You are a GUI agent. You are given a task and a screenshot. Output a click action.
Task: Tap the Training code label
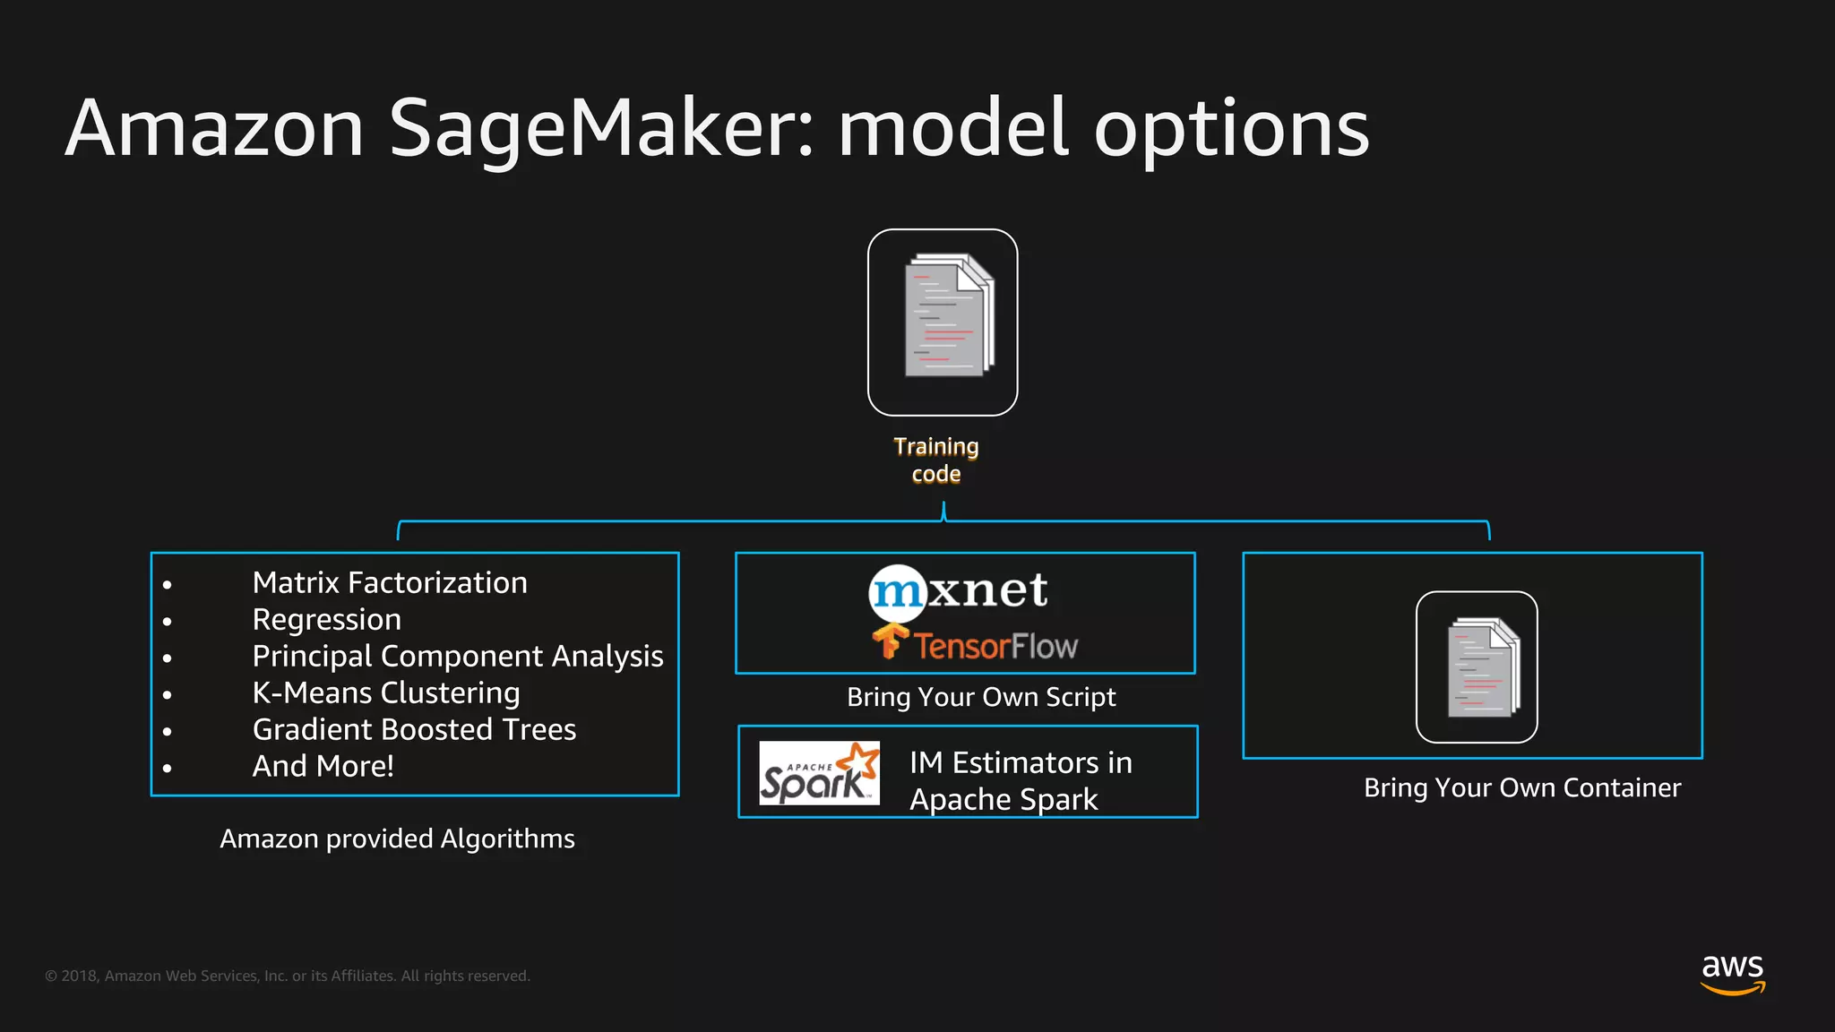click(936, 460)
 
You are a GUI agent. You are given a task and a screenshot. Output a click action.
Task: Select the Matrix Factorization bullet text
click(390, 583)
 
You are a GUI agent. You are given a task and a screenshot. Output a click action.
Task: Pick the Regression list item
click(327, 620)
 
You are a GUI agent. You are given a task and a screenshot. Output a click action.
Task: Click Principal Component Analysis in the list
click(458, 657)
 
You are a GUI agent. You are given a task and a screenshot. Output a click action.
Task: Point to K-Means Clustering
click(386, 693)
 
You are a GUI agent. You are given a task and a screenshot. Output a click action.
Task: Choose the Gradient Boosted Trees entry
click(414, 730)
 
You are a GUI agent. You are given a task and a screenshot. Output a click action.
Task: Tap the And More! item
click(323, 767)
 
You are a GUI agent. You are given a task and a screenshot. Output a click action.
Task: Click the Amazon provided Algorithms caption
click(397, 839)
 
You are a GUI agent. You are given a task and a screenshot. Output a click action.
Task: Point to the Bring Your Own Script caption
click(981, 698)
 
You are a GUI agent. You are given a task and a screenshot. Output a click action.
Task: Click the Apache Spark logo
click(819, 773)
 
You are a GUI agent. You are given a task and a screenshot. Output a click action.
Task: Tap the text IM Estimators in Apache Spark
click(1021, 781)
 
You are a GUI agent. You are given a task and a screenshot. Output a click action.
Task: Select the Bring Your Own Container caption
click(1522, 788)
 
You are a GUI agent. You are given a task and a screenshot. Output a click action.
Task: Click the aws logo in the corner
click(1733, 973)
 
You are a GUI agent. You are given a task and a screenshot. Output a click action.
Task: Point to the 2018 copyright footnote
click(288, 976)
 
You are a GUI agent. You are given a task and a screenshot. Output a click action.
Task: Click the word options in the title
click(1232, 130)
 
